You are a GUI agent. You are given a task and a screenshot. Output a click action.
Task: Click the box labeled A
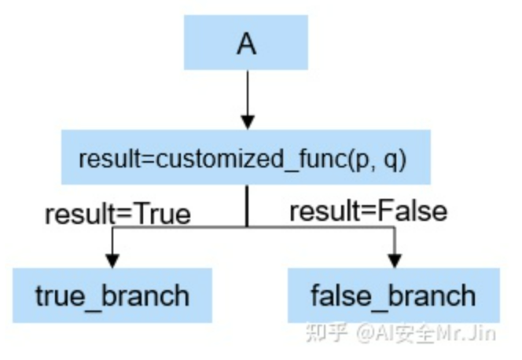click(x=247, y=44)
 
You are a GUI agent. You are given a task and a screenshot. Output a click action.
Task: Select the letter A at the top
click(x=247, y=45)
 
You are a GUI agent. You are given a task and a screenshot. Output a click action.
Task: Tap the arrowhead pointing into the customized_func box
click(x=248, y=122)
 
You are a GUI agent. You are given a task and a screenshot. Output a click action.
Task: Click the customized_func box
click(x=247, y=158)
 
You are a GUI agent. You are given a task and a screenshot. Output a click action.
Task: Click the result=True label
click(x=118, y=213)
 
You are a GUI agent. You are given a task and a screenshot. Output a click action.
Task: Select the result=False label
click(x=368, y=211)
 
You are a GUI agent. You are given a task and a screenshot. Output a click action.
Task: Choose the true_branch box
click(x=112, y=296)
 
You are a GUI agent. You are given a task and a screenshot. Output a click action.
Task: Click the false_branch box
click(x=393, y=296)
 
